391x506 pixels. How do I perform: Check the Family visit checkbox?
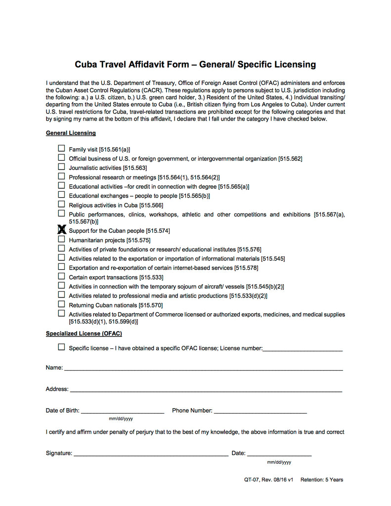pyautogui.click(x=61, y=148)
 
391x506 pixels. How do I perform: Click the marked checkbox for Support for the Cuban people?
pyautogui.click(x=62, y=230)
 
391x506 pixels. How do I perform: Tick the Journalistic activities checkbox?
pyautogui.click(x=61, y=167)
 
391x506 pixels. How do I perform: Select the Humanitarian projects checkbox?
pyautogui.click(x=61, y=239)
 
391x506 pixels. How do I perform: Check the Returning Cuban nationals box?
pyautogui.click(x=61, y=304)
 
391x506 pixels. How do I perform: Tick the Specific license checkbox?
pyautogui.click(x=61, y=347)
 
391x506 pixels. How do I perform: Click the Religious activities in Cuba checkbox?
pyautogui.click(x=61, y=204)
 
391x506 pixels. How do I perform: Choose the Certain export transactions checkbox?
pyautogui.click(x=61, y=276)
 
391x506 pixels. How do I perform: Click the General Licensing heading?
pyautogui.click(x=71, y=133)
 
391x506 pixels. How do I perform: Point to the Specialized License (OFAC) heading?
pyautogui.click(x=84, y=334)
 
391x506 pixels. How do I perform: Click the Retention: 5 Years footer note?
pyautogui.click(x=321, y=480)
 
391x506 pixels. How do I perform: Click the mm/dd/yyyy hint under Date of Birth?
pyautogui.click(x=121, y=419)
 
